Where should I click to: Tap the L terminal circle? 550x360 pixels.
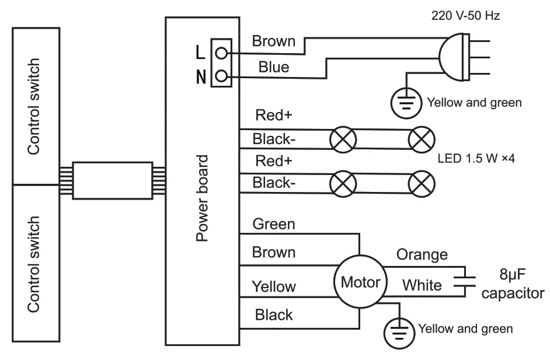(221, 53)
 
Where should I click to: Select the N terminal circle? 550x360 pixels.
(221, 76)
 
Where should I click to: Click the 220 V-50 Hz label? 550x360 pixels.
(465, 15)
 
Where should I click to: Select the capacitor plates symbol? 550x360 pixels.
(465, 281)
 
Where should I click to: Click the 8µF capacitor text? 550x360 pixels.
(513, 284)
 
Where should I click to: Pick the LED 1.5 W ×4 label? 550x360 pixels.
(476, 159)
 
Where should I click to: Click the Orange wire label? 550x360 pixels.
(422, 255)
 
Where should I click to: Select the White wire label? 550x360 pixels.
(422, 285)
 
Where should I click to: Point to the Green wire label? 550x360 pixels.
(274, 224)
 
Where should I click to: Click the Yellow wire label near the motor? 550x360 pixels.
(274, 286)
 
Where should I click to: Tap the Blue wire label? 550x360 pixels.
(274, 67)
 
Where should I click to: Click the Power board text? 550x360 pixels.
(202, 198)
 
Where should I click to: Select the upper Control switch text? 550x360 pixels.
(34, 106)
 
